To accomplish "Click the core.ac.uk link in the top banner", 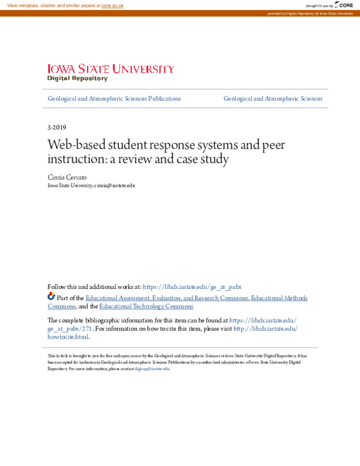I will click(x=113, y=5).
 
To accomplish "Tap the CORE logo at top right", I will click(x=344, y=5).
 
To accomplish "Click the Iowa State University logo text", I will click(x=111, y=69).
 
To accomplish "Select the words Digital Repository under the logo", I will click(x=77, y=79).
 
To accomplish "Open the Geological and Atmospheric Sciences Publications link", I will click(x=114, y=98).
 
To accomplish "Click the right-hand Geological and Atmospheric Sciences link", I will click(x=273, y=98).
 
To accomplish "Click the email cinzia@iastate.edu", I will click(x=115, y=186).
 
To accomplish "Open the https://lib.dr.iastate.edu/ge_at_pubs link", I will click(x=192, y=287).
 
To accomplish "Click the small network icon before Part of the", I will click(x=51, y=297).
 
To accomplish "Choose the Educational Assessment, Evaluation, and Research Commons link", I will click(x=167, y=298).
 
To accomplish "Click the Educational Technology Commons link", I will click(x=146, y=306).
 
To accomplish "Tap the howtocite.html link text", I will click(x=67, y=337).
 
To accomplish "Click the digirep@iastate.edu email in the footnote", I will click(x=152, y=369).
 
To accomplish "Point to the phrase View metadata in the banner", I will click(x=23, y=5).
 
